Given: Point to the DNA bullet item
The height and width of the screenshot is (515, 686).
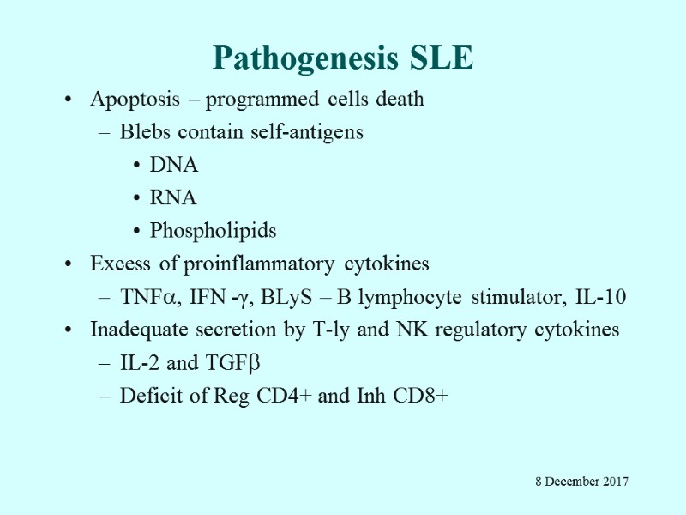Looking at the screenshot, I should point(173,165).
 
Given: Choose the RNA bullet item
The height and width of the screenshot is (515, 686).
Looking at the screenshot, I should point(173,197).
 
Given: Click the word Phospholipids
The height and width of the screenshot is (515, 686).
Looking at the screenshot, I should point(213,231).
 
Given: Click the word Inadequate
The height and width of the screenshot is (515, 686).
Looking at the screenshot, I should point(133,330).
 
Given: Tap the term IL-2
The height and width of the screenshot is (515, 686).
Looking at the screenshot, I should point(140,363).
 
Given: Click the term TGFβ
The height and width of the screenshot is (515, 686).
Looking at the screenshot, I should point(230,363).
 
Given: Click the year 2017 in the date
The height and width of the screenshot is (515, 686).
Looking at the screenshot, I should point(614,482).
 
